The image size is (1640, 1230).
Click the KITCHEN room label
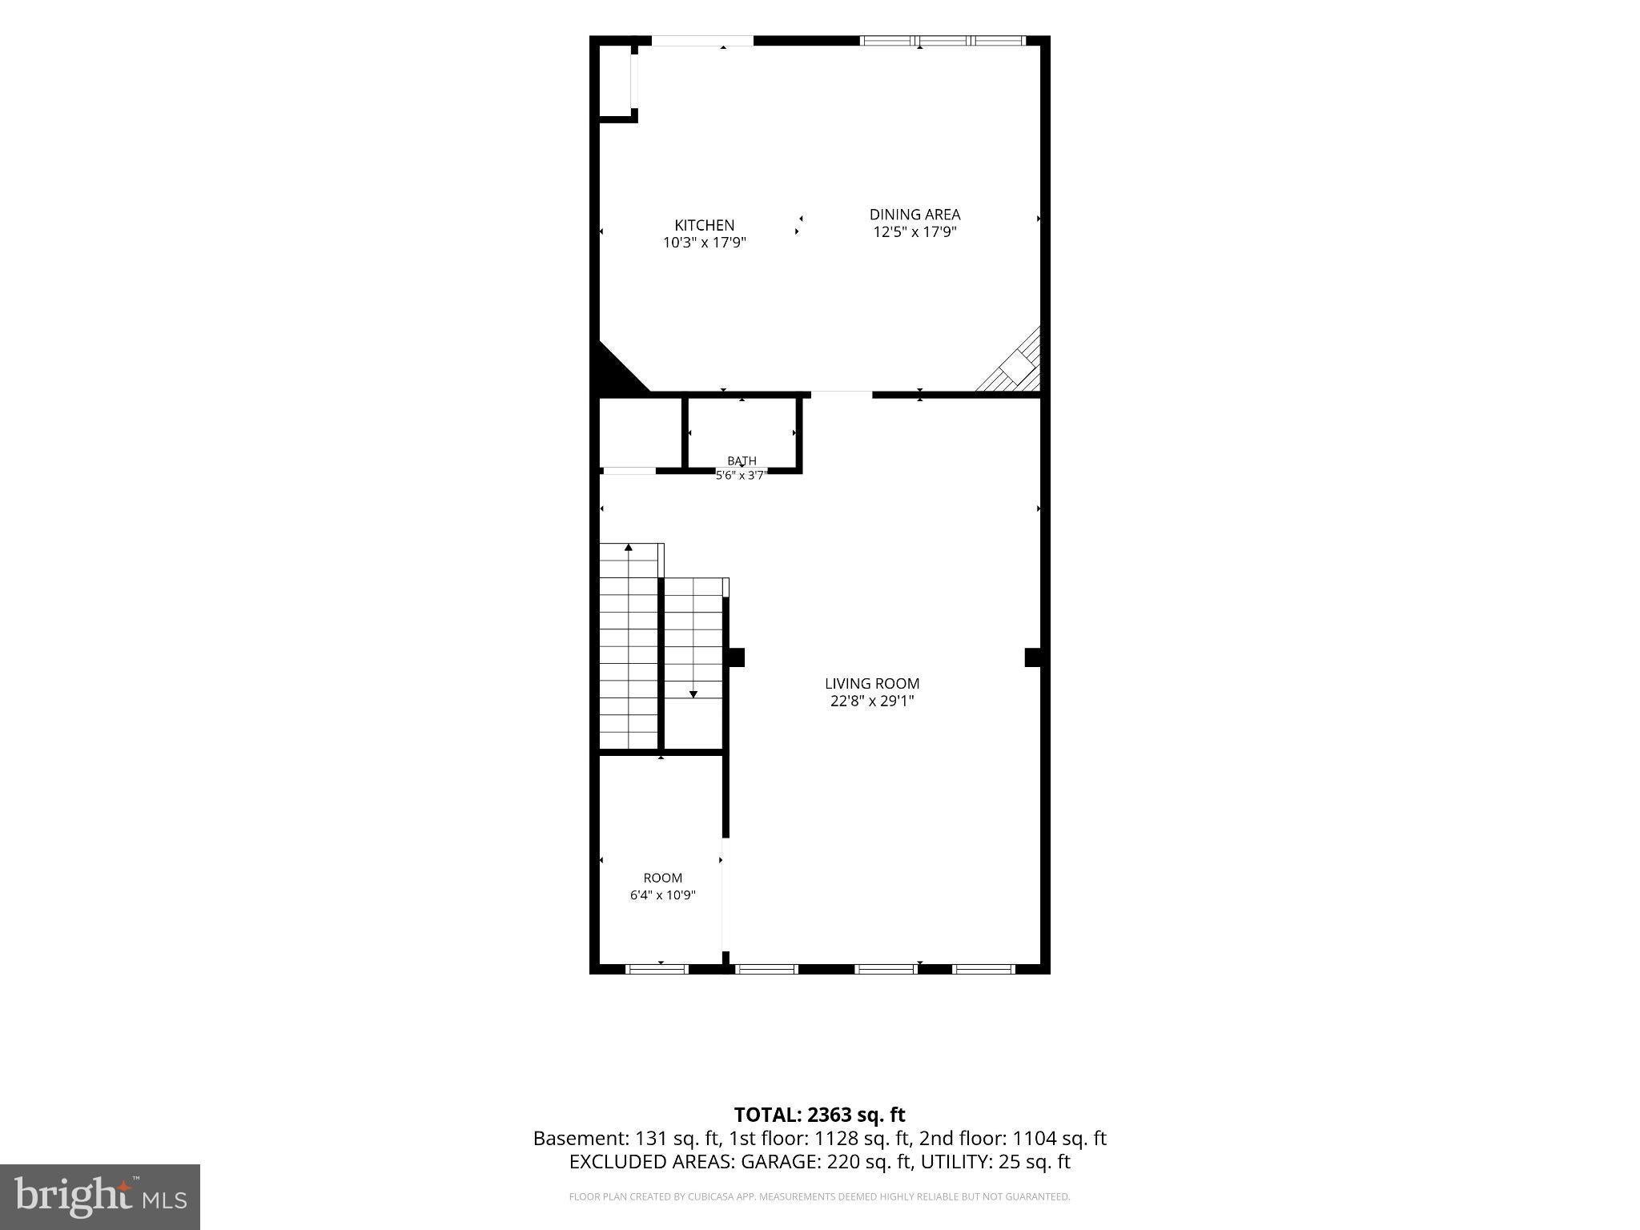coord(704,225)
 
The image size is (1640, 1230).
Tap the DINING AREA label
coord(914,214)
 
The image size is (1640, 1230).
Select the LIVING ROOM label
coord(872,683)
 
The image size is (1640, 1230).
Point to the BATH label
coord(742,460)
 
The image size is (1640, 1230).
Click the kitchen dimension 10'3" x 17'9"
coord(704,243)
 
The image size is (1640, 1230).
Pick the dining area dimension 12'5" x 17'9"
coord(914,232)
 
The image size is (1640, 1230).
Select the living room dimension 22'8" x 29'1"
coord(872,701)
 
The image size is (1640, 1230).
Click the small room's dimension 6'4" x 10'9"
coord(662,895)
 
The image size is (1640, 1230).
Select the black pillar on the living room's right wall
coord(1033,657)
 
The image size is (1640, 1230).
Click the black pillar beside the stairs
coord(736,657)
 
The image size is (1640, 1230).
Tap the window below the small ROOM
coord(657,969)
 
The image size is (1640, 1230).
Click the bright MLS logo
coord(100,1196)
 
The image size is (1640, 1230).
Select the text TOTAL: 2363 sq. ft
coord(819,1115)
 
